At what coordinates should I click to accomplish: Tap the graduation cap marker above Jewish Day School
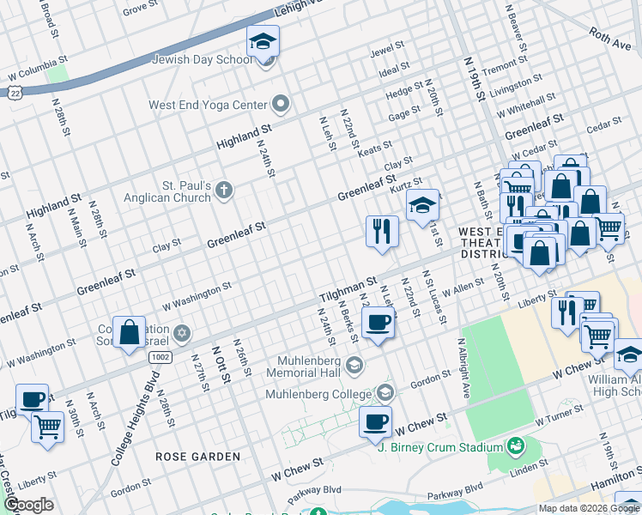[x=263, y=41]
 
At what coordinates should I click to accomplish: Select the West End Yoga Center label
[x=208, y=106]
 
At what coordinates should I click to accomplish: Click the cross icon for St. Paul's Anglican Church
[x=223, y=190]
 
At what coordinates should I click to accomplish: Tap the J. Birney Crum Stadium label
[x=439, y=447]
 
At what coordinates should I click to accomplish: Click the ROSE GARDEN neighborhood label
[x=197, y=457]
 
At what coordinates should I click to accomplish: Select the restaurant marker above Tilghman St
[x=381, y=231]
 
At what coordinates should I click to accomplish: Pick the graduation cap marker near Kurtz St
[x=422, y=206]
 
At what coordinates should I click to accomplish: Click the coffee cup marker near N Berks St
[x=378, y=323]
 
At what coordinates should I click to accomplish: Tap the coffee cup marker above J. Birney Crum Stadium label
[x=375, y=421]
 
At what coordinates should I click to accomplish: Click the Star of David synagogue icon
[x=181, y=332]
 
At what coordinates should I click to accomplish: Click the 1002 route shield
[x=159, y=355]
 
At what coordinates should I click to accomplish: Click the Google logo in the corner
[x=28, y=505]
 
